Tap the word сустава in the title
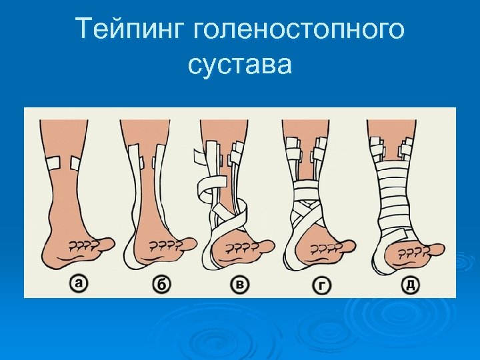[x=240, y=65]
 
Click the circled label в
[x=240, y=285]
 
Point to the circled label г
[x=322, y=285]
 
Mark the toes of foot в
[x=245, y=249]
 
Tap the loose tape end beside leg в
[x=199, y=160]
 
